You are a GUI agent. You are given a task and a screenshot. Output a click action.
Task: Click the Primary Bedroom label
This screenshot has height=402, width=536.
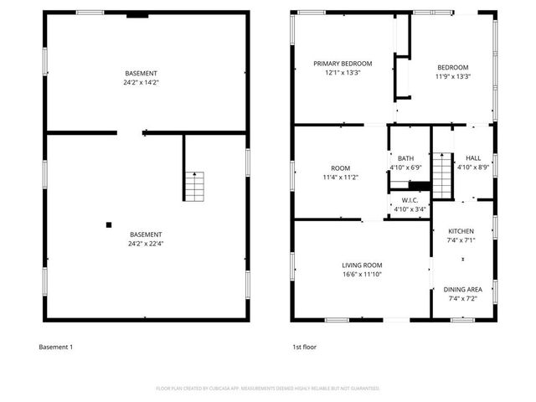(343, 64)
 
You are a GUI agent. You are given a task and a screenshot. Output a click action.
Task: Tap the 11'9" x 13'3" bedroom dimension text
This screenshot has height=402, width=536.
(452, 77)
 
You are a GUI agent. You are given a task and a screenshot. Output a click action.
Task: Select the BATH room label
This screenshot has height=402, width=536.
(405, 157)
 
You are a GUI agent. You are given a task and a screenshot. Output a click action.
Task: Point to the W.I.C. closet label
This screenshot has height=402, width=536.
(410, 200)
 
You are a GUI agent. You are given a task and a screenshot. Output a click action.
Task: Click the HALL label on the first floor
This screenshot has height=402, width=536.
(473, 157)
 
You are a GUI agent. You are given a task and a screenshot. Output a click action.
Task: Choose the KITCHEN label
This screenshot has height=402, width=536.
(461, 230)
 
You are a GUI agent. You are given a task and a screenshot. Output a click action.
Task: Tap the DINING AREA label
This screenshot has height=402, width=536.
(462, 289)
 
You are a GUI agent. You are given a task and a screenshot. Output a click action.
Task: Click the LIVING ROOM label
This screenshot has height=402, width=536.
(363, 265)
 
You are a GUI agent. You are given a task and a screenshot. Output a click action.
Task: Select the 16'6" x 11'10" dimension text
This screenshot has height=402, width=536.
(363, 274)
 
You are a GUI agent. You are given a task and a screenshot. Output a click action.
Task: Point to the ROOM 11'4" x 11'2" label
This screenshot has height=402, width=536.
(340, 173)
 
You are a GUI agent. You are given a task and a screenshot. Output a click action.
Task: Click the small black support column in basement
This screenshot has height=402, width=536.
(108, 224)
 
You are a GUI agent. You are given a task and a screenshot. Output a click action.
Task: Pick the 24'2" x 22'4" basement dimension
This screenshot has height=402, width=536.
(146, 244)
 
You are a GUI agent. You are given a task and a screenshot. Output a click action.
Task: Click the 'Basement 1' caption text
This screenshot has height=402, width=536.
(56, 347)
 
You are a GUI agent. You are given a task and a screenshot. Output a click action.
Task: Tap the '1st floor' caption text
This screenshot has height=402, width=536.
(304, 347)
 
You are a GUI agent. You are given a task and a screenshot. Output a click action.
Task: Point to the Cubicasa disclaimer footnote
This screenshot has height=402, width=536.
(268, 389)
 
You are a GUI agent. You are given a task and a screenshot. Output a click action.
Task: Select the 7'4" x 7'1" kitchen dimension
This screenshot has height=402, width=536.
(461, 240)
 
